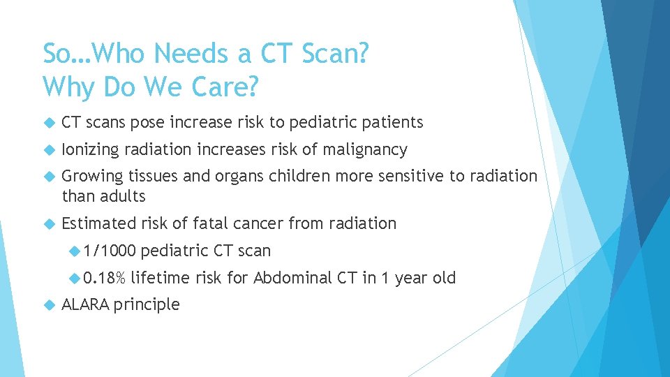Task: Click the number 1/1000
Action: tap(109, 251)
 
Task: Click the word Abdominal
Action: tap(292, 278)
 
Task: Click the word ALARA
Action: tap(85, 304)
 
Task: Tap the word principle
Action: tap(147, 305)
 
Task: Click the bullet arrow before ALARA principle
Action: tap(48, 305)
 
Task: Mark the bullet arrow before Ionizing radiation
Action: tap(48, 150)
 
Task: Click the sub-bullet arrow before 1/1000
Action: tap(75, 251)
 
